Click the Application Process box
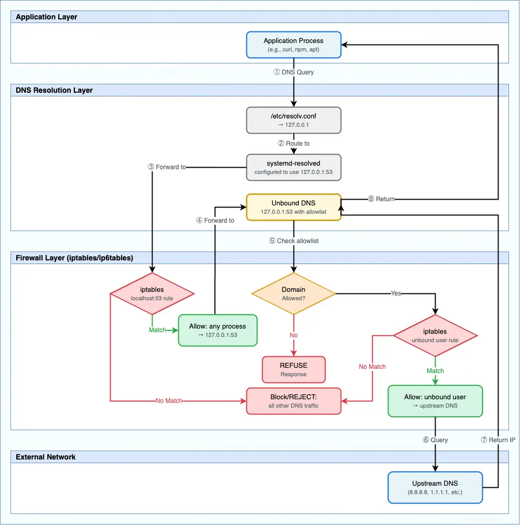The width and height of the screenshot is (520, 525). pos(294,45)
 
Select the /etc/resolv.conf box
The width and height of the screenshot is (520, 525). pos(294,121)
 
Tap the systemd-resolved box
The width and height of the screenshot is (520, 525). pos(294,167)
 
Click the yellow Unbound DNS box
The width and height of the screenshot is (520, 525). pos(294,207)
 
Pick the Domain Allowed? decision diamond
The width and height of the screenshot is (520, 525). pos(294,293)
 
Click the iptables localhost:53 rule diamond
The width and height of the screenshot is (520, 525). pos(152,293)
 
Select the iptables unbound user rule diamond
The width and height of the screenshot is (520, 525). pos(435,335)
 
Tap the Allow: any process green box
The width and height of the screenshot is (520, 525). pos(218,330)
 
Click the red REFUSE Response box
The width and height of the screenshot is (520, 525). pos(294,369)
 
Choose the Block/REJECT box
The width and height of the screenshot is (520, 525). pos(294,401)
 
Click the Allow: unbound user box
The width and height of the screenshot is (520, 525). pos(435,401)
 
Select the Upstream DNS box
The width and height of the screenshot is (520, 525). pos(435,487)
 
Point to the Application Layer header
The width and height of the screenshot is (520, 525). pos(47,17)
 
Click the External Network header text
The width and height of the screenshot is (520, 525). pos(46,457)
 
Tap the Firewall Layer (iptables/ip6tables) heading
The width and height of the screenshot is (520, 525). pos(74,258)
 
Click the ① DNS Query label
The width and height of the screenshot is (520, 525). pos(294,72)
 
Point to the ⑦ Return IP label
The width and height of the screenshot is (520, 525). pos(497,440)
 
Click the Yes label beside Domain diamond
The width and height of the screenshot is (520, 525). pos(396,293)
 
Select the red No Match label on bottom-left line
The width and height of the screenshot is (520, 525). pos(169,401)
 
